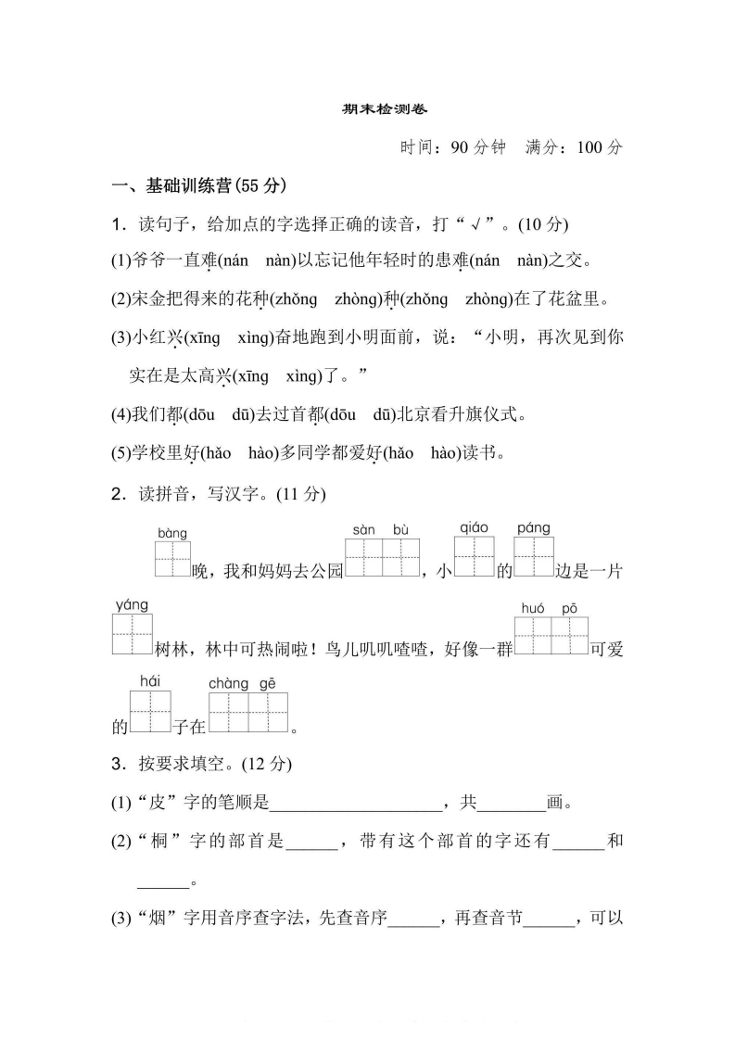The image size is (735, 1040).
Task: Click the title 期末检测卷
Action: [x=367, y=108]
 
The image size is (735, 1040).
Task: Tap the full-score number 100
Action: [x=589, y=146]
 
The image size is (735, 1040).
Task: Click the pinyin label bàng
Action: [x=171, y=534]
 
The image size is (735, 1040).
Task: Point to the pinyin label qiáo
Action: [x=474, y=527]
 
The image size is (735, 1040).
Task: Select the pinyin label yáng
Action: [x=132, y=605]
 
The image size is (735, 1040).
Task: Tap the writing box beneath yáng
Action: [x=132, y=637]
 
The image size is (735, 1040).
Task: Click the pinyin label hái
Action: [x=150, y=681]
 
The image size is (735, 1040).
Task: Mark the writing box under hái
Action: [x=151, y=713]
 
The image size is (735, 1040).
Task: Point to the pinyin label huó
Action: [x=532, y=607]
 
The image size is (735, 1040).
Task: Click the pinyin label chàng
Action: [x=228, y=683]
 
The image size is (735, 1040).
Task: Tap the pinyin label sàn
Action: [x=363, y=529]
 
